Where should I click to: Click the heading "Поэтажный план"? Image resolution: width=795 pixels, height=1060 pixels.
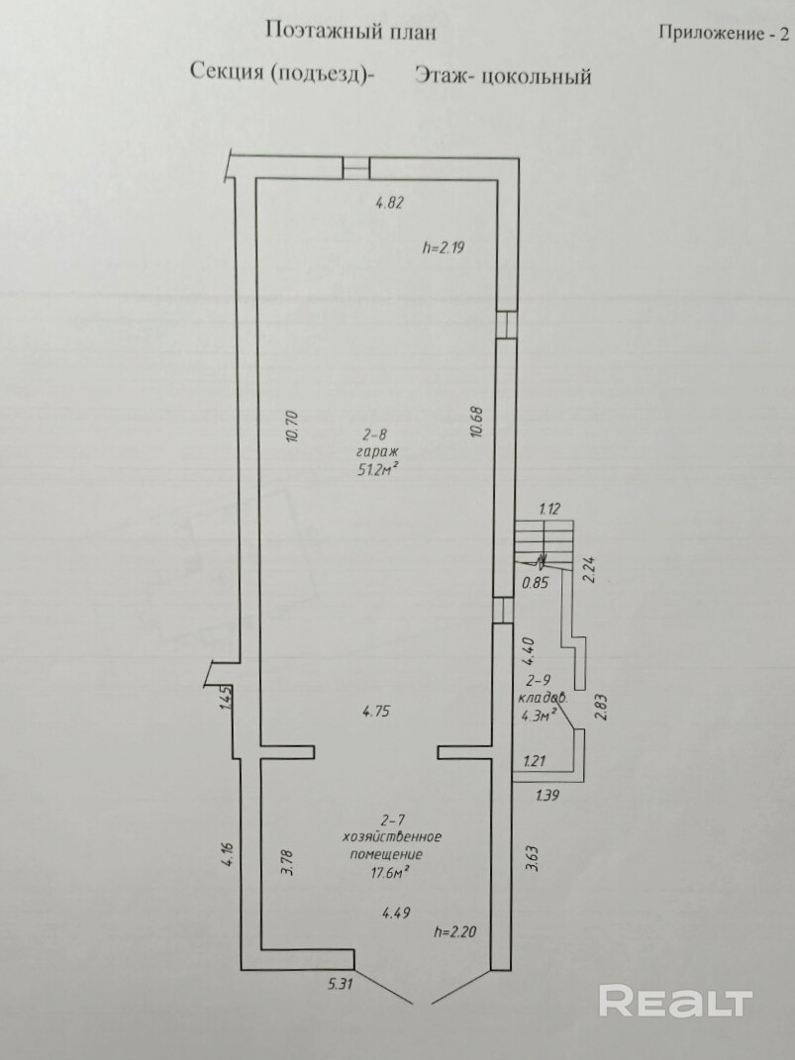tap(350, 32)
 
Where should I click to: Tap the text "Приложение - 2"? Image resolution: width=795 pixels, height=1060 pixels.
tap(724, 33)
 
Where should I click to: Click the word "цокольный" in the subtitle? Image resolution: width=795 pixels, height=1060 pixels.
tap(538, 75)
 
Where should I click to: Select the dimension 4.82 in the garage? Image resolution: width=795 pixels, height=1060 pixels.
tap(389, 203)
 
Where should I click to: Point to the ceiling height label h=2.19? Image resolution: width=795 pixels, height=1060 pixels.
tap(444, 247)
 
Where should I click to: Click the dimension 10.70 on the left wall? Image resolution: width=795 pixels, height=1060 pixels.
tap(293, 426)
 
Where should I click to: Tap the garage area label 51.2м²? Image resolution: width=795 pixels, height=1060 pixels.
tap(376, 469)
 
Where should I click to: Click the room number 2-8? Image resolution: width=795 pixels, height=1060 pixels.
tap(377, 436)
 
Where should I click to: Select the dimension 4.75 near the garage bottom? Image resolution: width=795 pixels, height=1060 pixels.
tap(376, 712)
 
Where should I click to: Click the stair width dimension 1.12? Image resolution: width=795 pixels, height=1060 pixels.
tap(550, 509)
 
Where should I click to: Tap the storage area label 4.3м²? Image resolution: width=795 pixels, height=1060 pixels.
tap(539, 714)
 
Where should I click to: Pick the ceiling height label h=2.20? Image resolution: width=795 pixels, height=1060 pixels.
tap(455, 932)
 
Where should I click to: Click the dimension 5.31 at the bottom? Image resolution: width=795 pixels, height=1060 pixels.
tap(340, 984)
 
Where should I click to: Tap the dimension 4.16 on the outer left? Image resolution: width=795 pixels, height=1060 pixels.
tap(229, 854)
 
